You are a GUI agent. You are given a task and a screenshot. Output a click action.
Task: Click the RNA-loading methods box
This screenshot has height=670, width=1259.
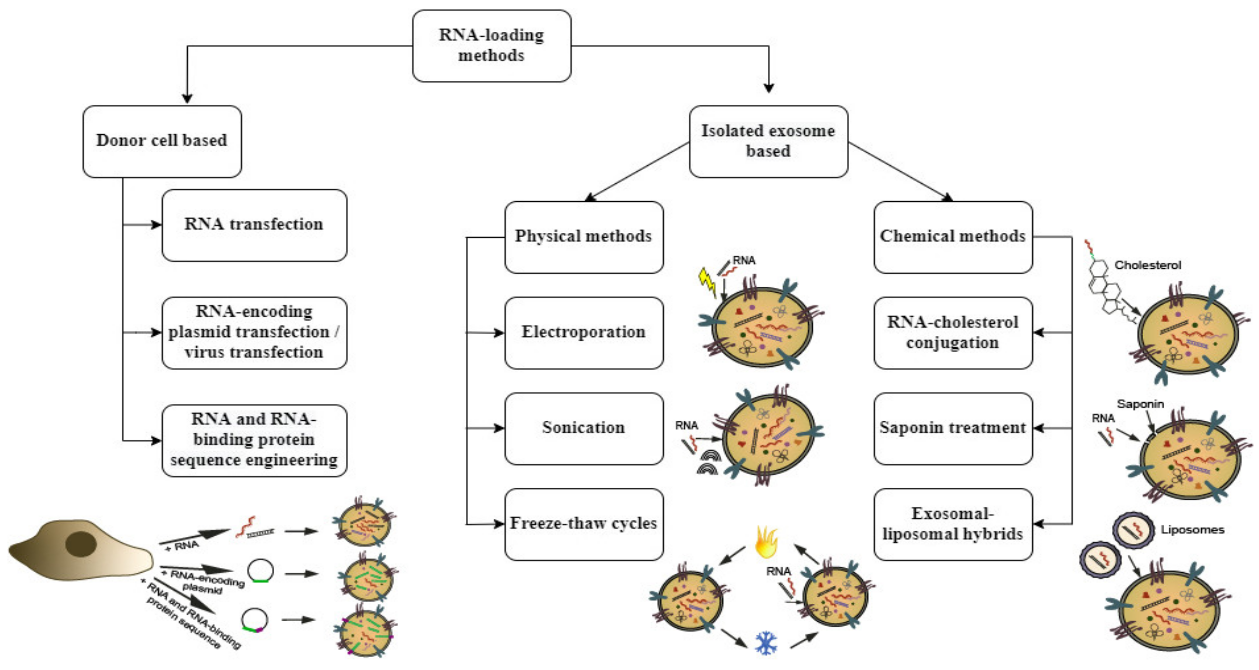(x=491, y=46)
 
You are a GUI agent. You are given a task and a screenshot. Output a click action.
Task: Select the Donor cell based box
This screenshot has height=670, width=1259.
(x=162, y=141)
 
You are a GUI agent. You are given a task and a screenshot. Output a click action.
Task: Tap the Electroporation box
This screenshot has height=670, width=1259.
(x=584, y=332)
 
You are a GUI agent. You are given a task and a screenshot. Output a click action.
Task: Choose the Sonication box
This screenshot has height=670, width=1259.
(x=584, y=428)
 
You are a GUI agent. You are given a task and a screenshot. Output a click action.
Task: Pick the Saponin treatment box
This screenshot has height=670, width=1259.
(x=953, y=428)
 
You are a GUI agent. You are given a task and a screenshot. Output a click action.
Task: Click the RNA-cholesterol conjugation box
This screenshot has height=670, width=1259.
(x=953, y=332)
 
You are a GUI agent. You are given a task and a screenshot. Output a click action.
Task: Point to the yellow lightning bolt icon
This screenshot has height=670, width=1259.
(x=707, y=281)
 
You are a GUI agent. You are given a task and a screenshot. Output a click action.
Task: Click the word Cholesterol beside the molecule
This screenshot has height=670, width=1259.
(x=1147, y=265)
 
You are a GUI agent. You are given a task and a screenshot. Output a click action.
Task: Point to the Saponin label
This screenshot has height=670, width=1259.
(x=1140, y=404)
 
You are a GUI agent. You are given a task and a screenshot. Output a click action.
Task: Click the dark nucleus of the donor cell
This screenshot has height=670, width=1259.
(x=81, y=544)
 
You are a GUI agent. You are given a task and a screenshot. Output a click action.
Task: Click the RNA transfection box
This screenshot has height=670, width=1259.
(x=254, y=225)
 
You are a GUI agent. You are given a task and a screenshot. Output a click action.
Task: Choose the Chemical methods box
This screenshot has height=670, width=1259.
(x=953, y=237)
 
